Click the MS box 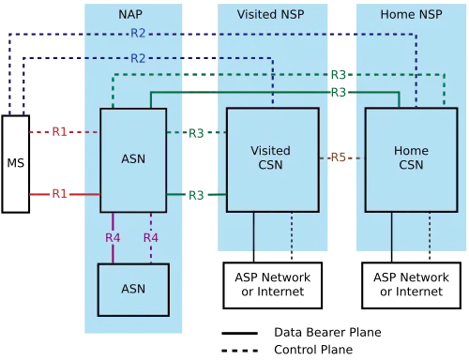[16, 164]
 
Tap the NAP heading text [130, 14]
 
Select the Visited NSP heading [270, 14]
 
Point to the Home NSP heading [411, 14]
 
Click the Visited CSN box [273, 160]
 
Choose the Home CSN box [411, 160]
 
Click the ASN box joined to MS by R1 [133, 160]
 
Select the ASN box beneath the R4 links [133, 290]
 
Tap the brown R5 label [339, 157]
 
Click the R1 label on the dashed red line [59, 132]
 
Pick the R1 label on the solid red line [59, 194]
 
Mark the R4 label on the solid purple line [113, 238]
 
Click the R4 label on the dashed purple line [151, 238]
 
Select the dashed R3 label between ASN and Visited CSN [196, 133]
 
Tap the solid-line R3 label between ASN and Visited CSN [196, 195]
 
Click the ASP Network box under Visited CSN [273, 285]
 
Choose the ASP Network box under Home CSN [411, 285]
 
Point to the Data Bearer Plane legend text [327, 332]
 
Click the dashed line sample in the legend [240, 351]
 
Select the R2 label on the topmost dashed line [138, 33]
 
